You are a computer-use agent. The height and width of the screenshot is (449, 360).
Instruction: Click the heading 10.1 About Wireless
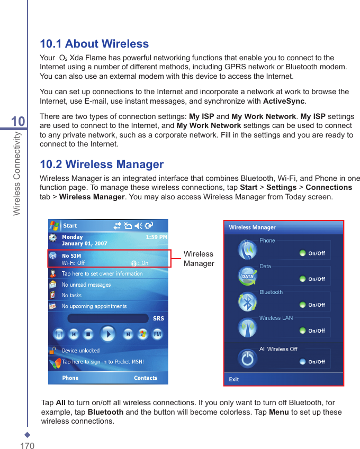click(94, 44)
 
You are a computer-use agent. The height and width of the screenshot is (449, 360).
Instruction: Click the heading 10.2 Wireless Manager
click(102, 164)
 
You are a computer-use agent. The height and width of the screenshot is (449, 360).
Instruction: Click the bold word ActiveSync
click(284, 101)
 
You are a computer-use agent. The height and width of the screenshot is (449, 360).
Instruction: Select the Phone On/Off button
click(312, 253)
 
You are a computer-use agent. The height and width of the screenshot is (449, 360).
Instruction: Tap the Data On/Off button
click(312, 279)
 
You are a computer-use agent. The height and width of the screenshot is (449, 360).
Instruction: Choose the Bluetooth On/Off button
click(312, 305)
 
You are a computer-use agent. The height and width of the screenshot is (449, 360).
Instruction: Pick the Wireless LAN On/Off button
click(312, 331)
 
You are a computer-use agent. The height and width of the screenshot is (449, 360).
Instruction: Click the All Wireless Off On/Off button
click(312, 362)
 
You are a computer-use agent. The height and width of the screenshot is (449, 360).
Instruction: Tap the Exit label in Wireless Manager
click(233, 379)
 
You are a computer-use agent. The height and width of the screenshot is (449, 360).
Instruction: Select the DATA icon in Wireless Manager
click(247, 276)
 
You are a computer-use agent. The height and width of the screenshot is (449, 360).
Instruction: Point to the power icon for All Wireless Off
click(247, 359)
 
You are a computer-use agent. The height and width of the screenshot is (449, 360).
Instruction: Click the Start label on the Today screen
click(70, 226)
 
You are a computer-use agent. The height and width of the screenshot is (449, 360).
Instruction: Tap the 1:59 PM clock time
click(156, 237)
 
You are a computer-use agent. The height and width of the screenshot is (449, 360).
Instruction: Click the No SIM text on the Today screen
click(71, 256)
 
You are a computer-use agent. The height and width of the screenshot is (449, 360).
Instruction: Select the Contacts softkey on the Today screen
click(146, 378)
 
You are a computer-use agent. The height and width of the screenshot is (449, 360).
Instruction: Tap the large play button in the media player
click(108, 334)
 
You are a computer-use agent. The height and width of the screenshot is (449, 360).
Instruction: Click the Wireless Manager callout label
click(199, 259)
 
